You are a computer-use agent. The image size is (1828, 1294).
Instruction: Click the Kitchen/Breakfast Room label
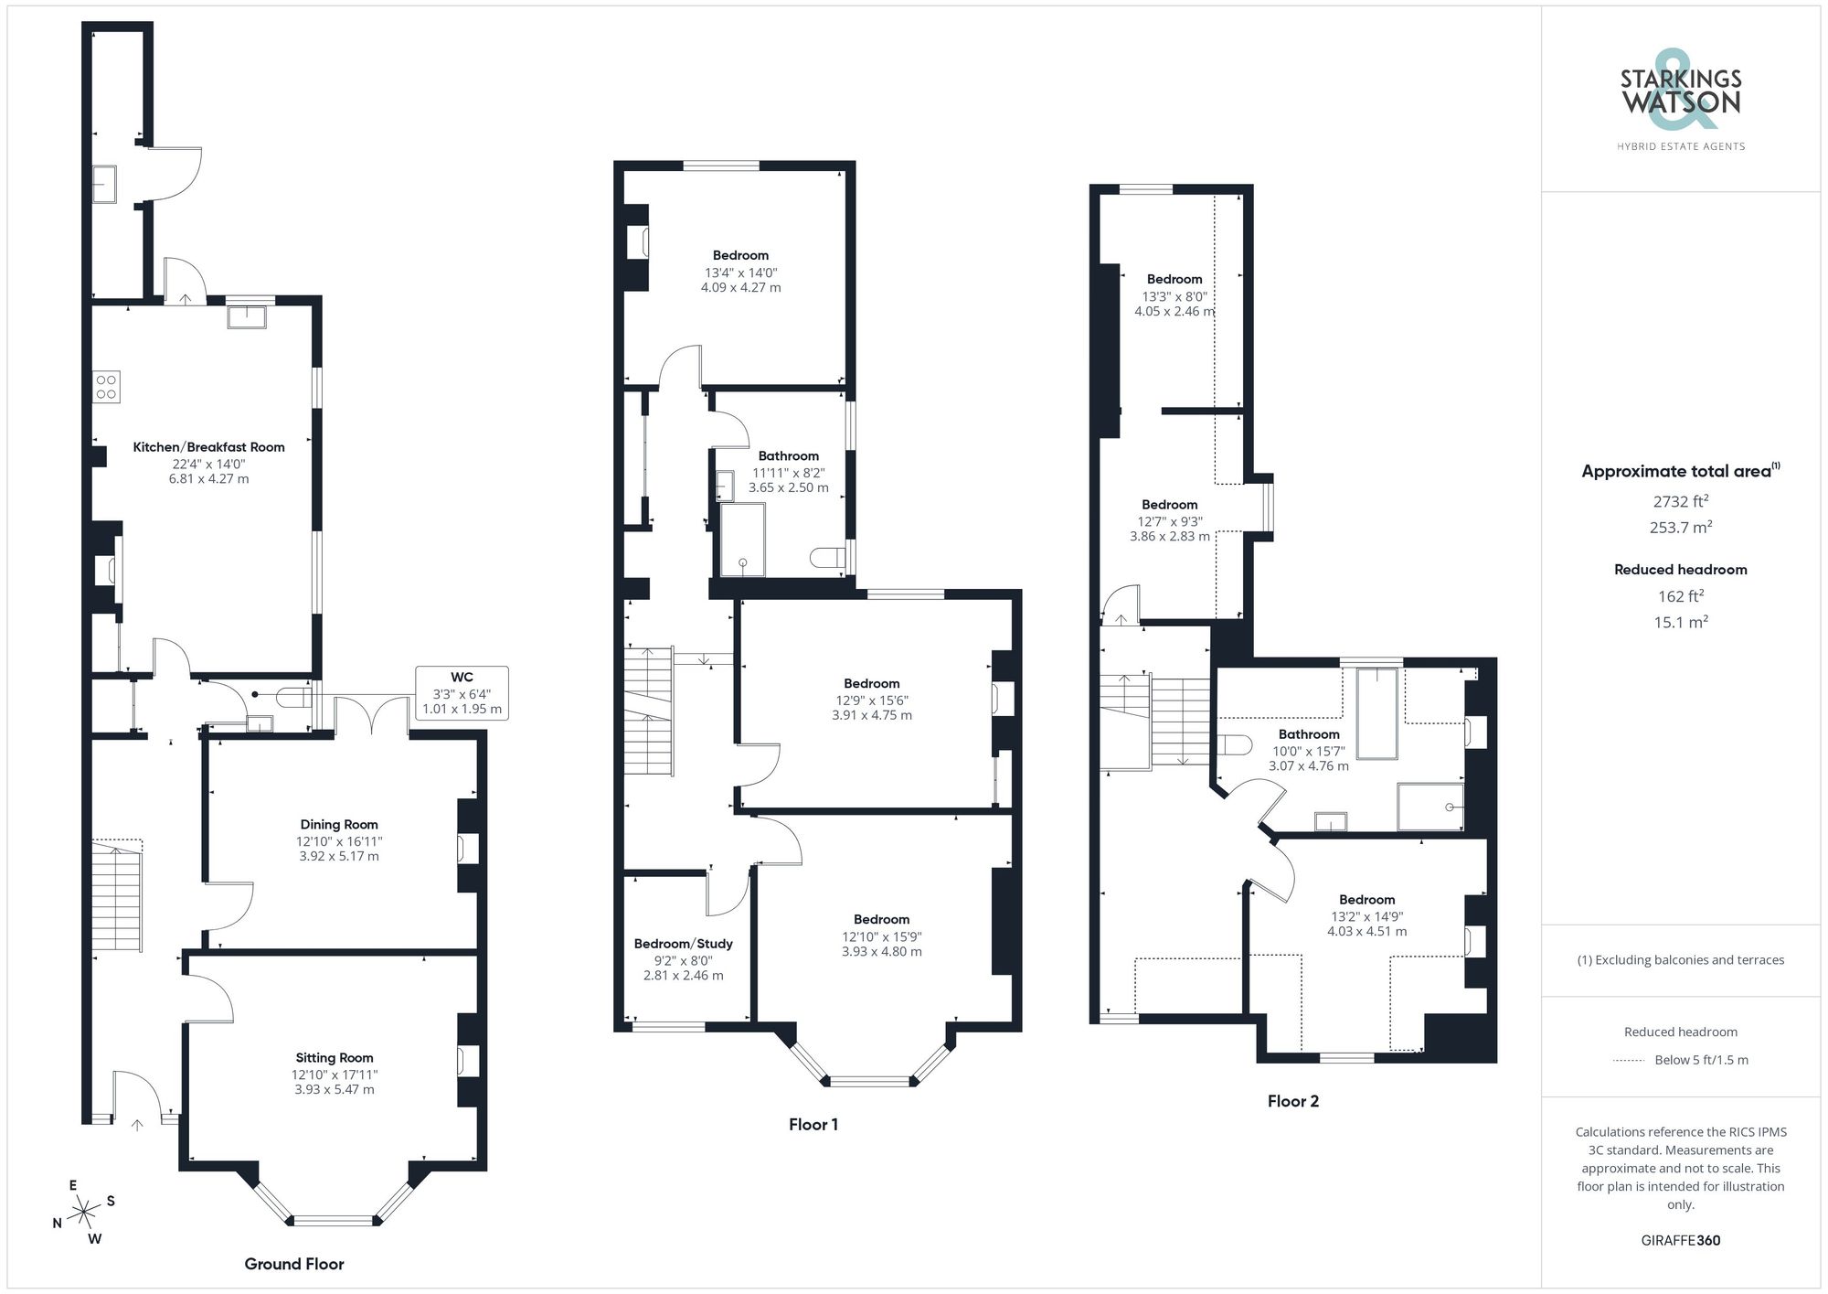click(x=208, y=447)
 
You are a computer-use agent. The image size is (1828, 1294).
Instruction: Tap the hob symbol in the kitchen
click(x=106, y=387)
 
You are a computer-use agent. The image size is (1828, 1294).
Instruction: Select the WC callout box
click(x=462, y=692)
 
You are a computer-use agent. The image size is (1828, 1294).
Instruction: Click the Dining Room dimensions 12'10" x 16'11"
click(x=338, y=841)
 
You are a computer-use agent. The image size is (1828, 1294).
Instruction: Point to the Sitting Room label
click(x=334, y=1057)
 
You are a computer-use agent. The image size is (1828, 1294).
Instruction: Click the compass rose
click(x=84, y=1213)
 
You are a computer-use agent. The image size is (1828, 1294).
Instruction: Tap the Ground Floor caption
click(x=294, y=1264)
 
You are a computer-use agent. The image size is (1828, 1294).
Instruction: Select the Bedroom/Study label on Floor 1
click(x=684, y=944)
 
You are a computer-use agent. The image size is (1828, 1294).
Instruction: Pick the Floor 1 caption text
click(x=813, y=1125)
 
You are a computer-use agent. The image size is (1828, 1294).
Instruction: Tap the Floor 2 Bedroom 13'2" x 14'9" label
click(x=1366, y=900)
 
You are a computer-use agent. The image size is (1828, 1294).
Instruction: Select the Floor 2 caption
click(x=1292, y=1101)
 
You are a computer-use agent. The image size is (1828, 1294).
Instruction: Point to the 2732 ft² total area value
click(x=1680, y=501)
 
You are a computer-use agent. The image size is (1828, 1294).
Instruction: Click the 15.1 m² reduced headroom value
click(x=1680, y=622)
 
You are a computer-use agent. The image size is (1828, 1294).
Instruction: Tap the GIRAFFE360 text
click(x=1680, y=1240)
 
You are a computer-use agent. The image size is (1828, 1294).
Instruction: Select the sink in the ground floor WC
click(x=259, y=724)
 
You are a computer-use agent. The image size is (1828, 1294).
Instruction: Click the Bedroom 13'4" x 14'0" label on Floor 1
click(x=740, y=256)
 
